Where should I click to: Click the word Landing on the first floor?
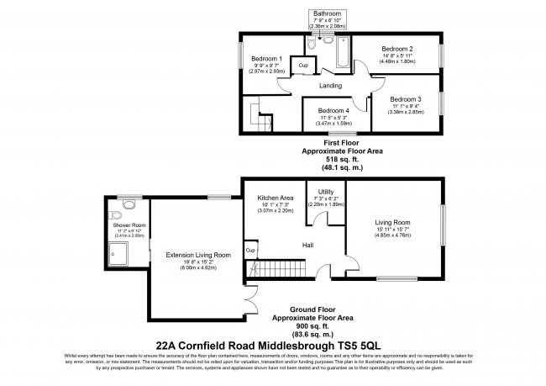(331, 85)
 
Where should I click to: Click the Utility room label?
(326, 193)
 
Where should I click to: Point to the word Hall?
(309, 245)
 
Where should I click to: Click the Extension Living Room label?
(198, 254)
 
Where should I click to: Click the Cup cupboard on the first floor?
(302, 65)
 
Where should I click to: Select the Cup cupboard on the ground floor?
(250, 251)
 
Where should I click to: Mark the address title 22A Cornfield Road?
(272, 343)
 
